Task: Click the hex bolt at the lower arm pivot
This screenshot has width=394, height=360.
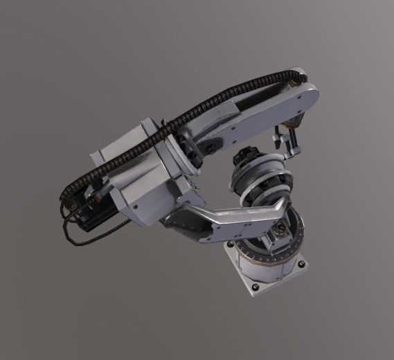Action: [x=280, y=229]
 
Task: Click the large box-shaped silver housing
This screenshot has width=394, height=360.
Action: [x=149, y=177]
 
